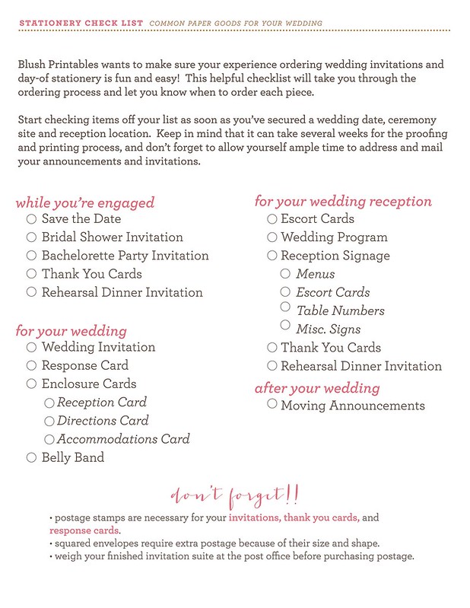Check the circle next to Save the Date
(x=31, y=219)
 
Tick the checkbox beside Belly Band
(x=31, y=457)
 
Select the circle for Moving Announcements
(x=272, y=404)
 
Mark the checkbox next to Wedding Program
(x=272, y=237)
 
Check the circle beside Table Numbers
(x=285, y=307)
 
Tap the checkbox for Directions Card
(x=49, y=421)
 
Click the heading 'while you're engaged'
(x=84, y=202)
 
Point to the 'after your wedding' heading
(x=316, y=388)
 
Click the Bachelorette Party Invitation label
(x=125, y=256)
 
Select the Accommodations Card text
(x=123, y=439)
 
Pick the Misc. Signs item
(x=328, y=329)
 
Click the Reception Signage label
(x=335, y=256)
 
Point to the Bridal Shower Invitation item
(x=112, y=237)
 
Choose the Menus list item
(x=315, y=274)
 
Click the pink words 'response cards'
(x=84, y=530)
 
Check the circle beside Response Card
(x=31, y=366)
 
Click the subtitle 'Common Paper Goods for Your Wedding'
(x=236, y=24)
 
